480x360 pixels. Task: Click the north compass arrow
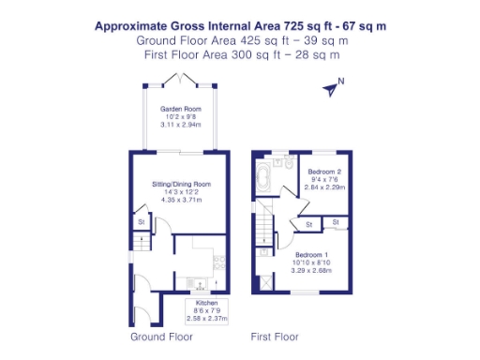coord(331,89)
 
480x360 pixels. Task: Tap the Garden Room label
coord(181,109)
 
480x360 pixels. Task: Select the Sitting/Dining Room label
coord(181,184)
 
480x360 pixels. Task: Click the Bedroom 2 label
coord(323,172)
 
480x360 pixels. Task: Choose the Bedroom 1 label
coord(312,255)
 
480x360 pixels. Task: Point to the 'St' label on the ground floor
coord(142,222)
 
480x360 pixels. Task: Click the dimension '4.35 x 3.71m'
coord(181,200)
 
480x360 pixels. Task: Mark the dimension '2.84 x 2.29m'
coord(325,187)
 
